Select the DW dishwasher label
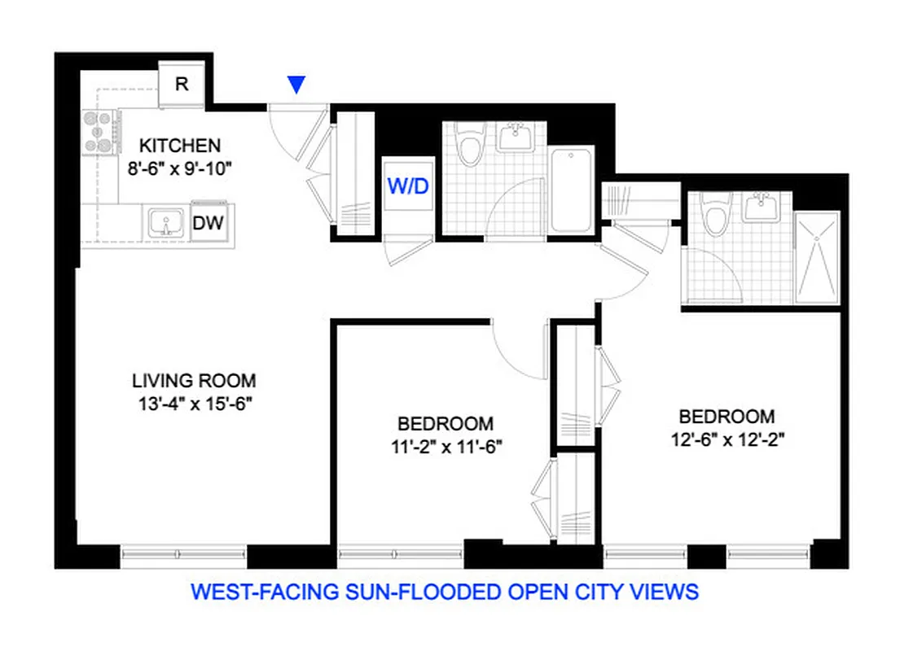pyautogui.click(x=209, y=222)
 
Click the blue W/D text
pyautogui.click(x=408, y=186)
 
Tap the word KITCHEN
pyautogui.click(x=180, y=146)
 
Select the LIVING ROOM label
pyautogui.click(x=194, y=380)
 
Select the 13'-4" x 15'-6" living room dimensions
pyautogui.click(x=194, y=403)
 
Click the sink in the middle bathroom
pyautogui.click(x=515, y=138)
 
